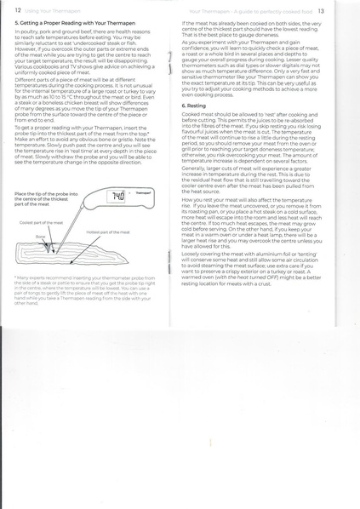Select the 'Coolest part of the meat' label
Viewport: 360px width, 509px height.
point(41,221)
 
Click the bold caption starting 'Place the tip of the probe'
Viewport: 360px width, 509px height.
point(48,199)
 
